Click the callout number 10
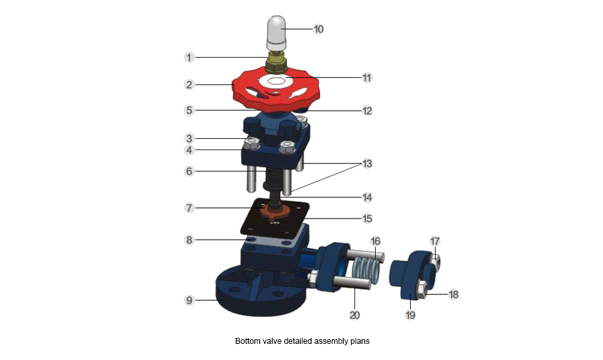[x=319, y=29]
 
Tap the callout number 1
[x=190, y=58]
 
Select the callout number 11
[x=366, y=78]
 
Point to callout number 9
[x=190, y=300]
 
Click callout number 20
[x=354, y=314]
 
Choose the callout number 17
[x=434, y=241]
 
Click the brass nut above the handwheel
[x=275, y=64]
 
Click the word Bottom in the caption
[x=247, y=341]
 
